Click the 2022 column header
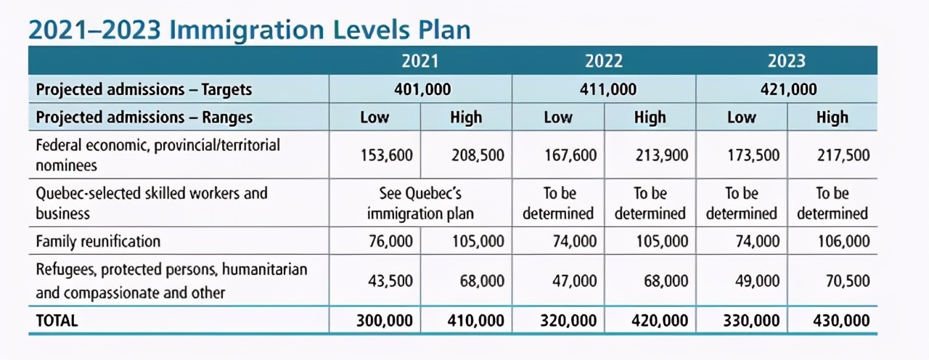(x=604, y=61)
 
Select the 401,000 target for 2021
(x=422, y=89)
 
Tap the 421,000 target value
(x=788, y=89)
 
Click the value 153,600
(x=387, y=155)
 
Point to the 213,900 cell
(x=661, y=155)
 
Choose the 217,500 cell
(x=843, y=155)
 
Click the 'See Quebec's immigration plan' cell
(x=420, y=203)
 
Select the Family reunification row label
(x=98, y=241)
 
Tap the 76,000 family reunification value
(x=390, y=241)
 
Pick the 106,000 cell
(x=843, y=241)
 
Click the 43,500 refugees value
(x=390, y=281)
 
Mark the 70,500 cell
(x=848, y=281)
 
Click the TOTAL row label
(x=57, y=321)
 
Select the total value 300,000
(x=385, y=321)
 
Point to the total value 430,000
(x=841, y=321)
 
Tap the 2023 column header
(x=786, y=61)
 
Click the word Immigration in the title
(x=247, y=30)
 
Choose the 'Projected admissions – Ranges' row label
(x=144, y=118)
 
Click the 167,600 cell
(x=570, y=155)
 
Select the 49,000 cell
(x=757, y=281)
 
